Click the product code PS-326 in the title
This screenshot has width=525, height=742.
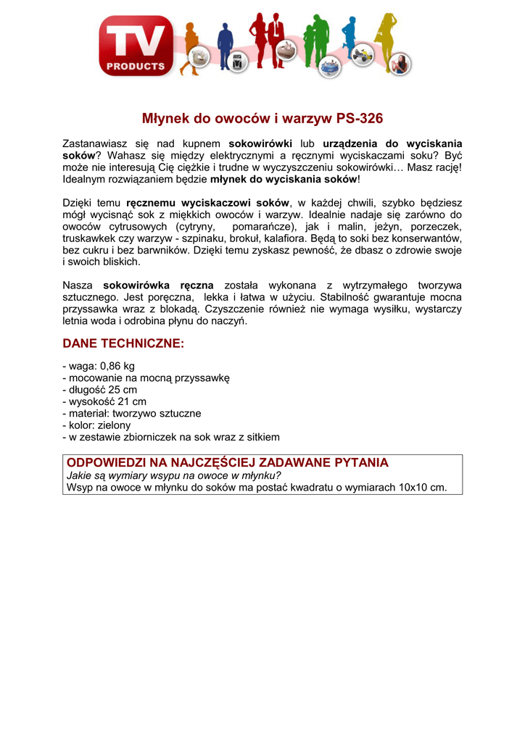356,118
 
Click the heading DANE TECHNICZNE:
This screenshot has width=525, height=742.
124,343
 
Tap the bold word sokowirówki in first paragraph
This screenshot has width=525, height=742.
260,144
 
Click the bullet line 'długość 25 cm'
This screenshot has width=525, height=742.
102,390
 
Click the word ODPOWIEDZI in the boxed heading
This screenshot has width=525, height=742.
107,462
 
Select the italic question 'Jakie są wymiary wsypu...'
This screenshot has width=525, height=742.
173,475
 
